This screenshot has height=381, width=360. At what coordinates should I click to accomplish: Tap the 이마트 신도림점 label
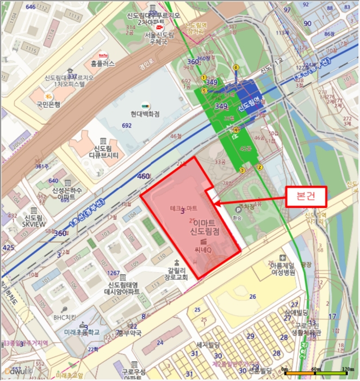(204, 228)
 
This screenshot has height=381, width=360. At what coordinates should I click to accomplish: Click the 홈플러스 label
(103, 63)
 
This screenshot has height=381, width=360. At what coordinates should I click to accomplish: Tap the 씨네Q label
(205, 249)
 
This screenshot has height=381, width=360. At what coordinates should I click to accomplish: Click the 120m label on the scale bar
(347, 370)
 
